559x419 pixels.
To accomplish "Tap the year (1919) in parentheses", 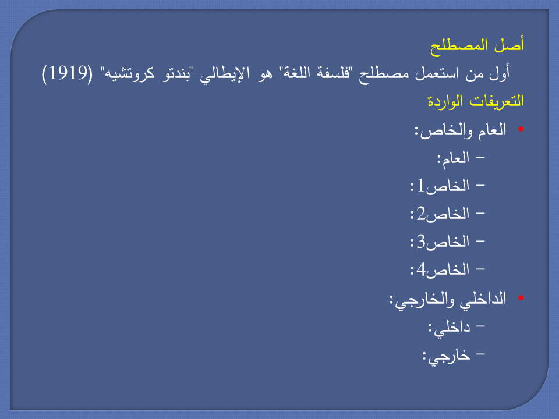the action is coord(67,73).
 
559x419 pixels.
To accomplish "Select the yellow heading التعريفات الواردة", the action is coord(476,101).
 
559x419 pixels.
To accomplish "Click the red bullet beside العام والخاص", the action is coord(521,129).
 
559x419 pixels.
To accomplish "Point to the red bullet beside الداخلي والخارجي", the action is coord(521,297).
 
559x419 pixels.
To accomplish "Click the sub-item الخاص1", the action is coord(440,186).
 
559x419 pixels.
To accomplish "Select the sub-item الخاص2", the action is coord(440,214).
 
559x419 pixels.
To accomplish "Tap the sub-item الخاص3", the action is coord(440,242).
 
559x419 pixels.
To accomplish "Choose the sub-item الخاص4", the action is coord(440,270).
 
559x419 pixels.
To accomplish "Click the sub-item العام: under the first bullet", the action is coord(454,158).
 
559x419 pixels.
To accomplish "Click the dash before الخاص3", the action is coord(480,241).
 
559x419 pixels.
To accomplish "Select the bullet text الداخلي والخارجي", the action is coord(448,299).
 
